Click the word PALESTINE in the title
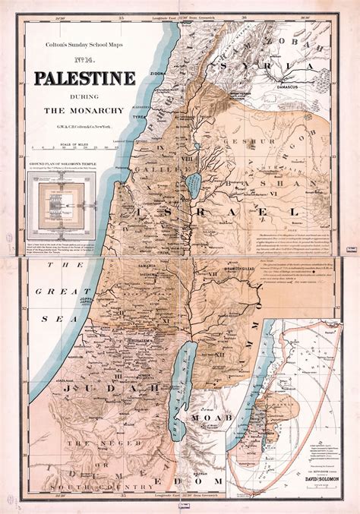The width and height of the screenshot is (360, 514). point(84,79)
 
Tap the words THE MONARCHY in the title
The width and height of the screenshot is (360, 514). point(84,111)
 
